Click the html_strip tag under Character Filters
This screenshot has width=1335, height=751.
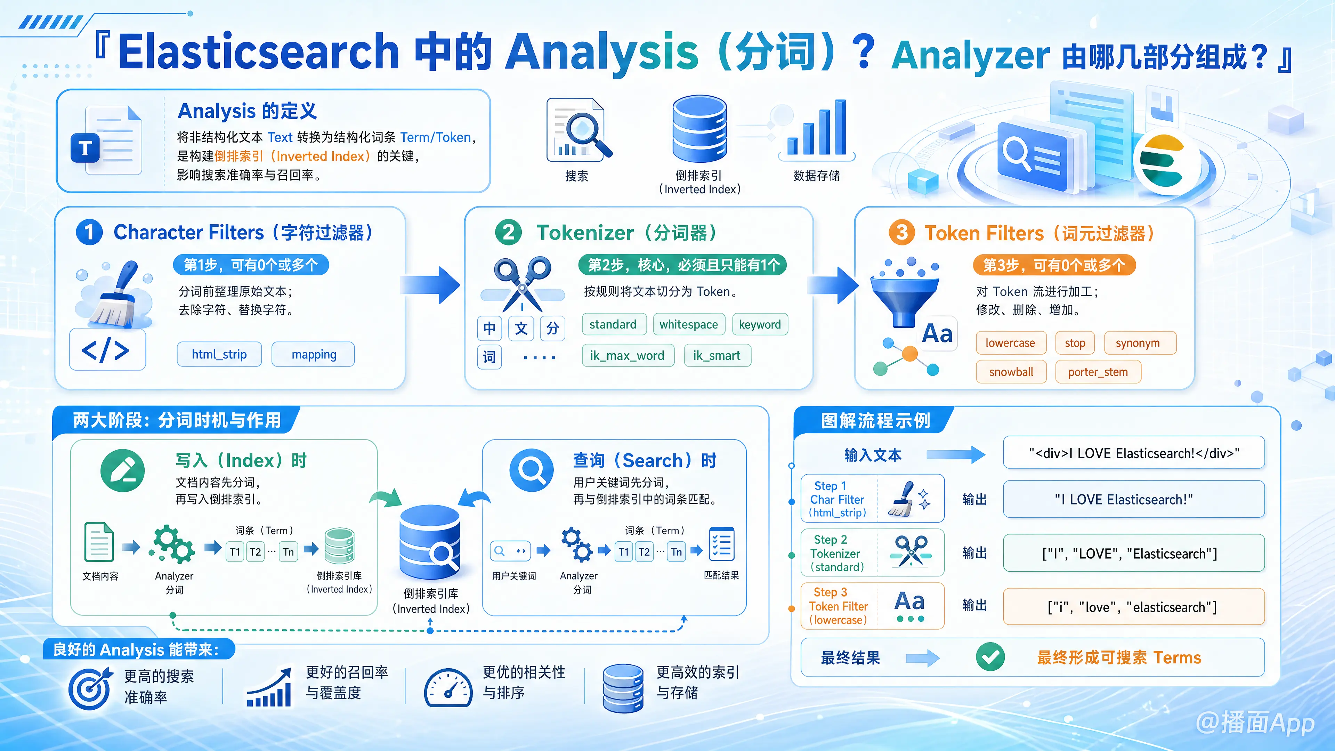[x=219, y=355]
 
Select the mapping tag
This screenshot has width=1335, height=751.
[x=314, y=355]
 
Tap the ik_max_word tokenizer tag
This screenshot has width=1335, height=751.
[x=628, y=356]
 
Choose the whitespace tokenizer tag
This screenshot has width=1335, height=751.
[x=689, y=324]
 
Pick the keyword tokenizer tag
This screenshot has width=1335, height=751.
[x=760, y=324]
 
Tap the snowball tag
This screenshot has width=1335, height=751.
[x=1011, y=372]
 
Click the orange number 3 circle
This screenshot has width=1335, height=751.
[x=902, y=233]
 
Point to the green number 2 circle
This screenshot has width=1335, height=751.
[x=508, y=232]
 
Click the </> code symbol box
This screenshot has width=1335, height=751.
[x=107, y=350]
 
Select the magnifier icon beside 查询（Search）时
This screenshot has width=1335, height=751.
[x=532, y=470]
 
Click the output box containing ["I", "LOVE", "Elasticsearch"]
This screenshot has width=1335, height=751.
[x=1133, y=553]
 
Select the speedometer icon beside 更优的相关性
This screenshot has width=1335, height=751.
[x=448, y=688]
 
